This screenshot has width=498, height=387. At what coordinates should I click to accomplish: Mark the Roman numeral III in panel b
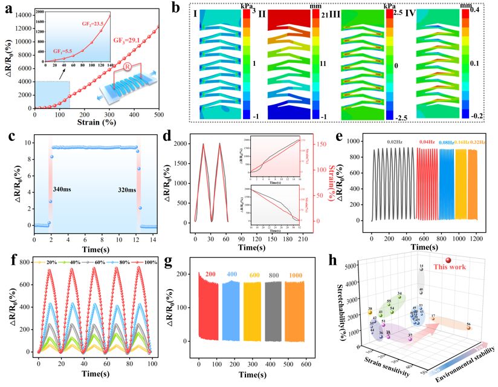(x=350, y=13)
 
